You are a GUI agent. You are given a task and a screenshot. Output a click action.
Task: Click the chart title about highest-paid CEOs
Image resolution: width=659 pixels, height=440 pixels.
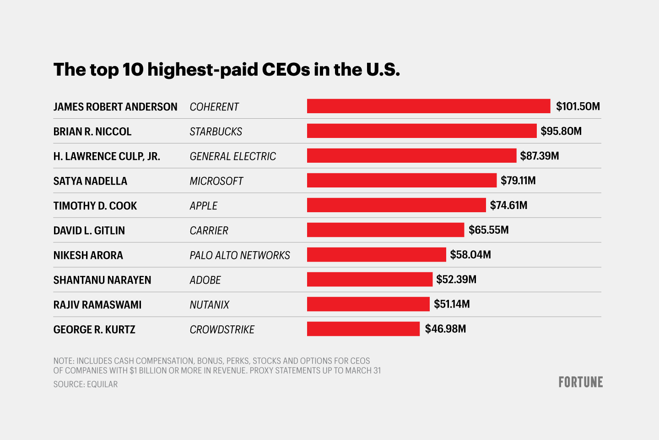227,70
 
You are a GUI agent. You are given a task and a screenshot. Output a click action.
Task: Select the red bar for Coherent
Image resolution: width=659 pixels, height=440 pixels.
428,106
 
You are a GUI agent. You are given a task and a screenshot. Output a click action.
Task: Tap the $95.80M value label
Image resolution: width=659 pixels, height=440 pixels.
561,131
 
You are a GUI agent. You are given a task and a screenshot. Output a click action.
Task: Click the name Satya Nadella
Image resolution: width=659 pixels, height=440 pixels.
90,181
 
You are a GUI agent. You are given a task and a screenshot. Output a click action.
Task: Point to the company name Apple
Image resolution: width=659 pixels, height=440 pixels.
204,206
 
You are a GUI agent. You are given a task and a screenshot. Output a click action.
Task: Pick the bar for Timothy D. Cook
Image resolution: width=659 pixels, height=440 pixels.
396,205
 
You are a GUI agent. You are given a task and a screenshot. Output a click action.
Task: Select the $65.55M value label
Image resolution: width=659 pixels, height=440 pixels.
488,230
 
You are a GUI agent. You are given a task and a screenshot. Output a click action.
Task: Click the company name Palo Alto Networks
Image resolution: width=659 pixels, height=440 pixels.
240,255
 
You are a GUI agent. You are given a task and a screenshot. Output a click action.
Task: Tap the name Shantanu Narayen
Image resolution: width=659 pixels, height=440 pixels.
102,280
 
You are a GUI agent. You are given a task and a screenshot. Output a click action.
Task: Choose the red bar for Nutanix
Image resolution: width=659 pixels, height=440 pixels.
368,304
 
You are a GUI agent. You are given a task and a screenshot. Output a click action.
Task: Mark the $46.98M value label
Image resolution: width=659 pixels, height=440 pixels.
445,329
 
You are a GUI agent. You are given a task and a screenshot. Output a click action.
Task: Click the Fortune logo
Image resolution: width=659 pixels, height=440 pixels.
580,382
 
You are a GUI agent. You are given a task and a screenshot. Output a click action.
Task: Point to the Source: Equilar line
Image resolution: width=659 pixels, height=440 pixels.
86,384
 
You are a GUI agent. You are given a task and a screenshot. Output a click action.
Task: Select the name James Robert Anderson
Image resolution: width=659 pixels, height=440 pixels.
115,107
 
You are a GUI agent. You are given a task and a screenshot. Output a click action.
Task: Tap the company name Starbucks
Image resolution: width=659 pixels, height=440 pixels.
216,132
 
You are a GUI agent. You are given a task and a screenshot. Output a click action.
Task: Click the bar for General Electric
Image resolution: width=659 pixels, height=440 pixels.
411,155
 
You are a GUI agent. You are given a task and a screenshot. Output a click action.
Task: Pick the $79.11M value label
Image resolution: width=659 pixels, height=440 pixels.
518,181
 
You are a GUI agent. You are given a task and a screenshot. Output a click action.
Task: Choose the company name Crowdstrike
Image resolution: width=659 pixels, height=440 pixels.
222,330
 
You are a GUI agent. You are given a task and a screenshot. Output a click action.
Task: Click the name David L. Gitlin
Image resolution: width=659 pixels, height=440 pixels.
89,231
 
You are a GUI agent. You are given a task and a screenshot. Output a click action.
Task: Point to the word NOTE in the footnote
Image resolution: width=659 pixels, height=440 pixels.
63,361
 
